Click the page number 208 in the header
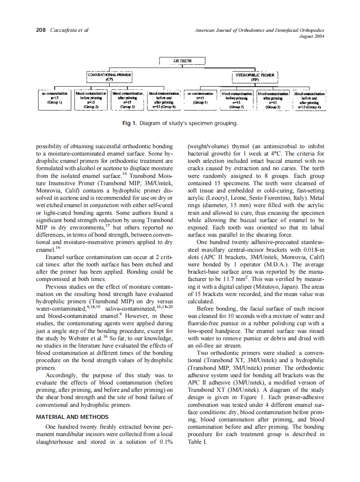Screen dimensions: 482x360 (41, 30)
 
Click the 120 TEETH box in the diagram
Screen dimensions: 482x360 (182, 61)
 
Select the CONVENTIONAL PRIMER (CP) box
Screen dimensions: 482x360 (109, 76)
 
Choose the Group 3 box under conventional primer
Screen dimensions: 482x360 (128, 99)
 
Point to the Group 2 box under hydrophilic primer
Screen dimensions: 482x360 (237, 99)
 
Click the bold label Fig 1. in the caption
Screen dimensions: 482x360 (129, 123)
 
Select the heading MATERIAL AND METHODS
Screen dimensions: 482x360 (72, 417)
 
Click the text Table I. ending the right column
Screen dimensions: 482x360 (198, 442)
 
